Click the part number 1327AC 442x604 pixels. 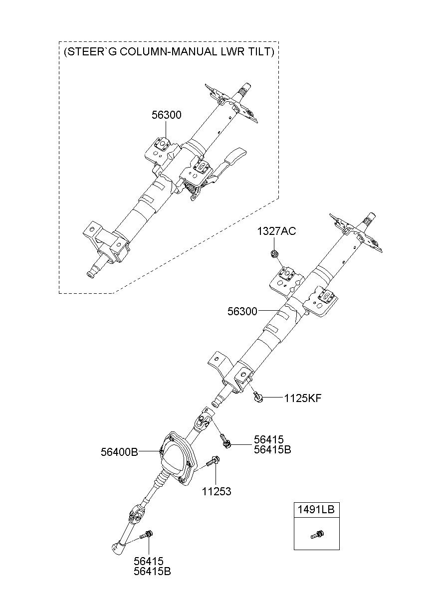pyautogui.click(x=276, y=231)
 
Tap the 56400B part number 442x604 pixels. pyautogui.click(x=119, y=452)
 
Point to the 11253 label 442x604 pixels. pyautogui.click(x=217, y=492)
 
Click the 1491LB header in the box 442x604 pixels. pyautogui.click(x=316, y=510)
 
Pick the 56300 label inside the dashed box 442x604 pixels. pyautogui.click(x=166, y=115)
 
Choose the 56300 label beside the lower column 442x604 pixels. pyautogui.click(x=242, y=312)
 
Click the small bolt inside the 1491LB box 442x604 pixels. pyautogui.click(x=316, y=536)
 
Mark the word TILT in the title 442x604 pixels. pyautogui.click(x=260, y=52)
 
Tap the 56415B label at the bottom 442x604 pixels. pyautogui.click(x=152, y=572)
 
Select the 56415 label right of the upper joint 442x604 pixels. pyautogui.click(x=268, y=439)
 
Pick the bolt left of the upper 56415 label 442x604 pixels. pyautogui.click(x=226, y=440)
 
